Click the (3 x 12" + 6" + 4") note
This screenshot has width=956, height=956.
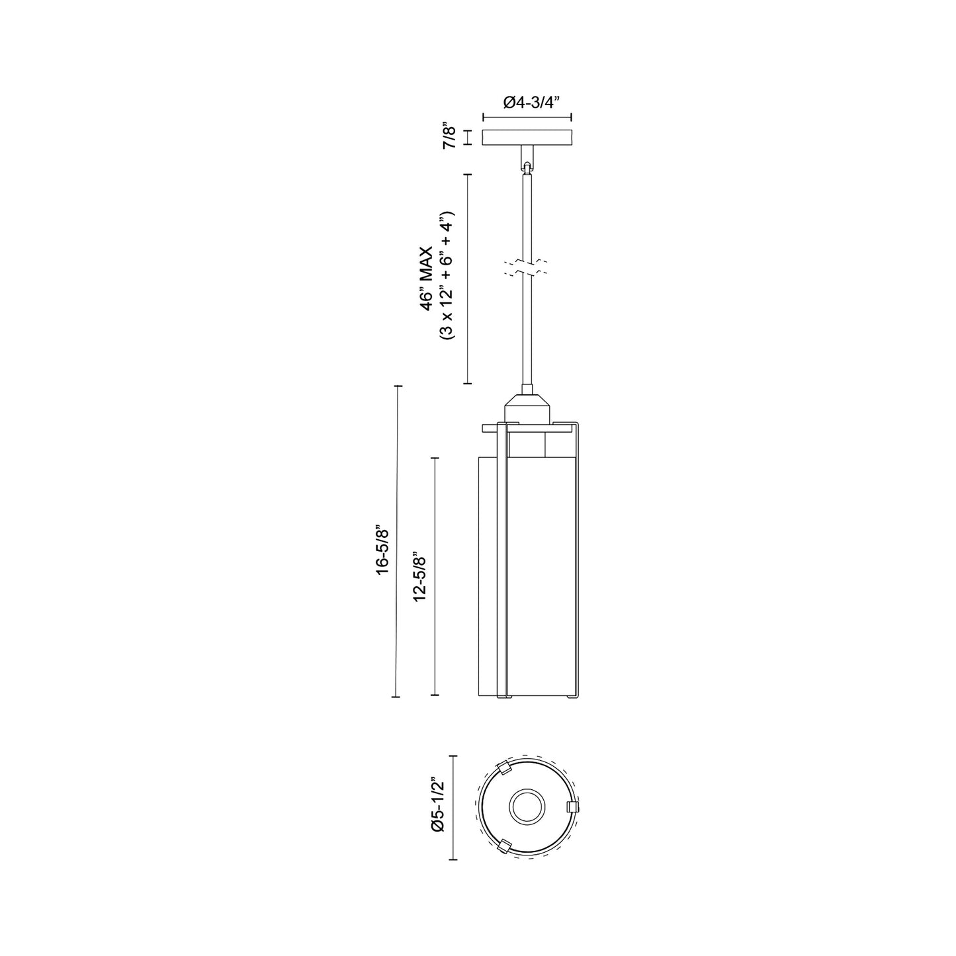[x=447, y=276]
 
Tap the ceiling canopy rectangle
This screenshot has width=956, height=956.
[x=527, y=138]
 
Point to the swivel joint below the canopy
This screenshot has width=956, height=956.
[x=527, y=165]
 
